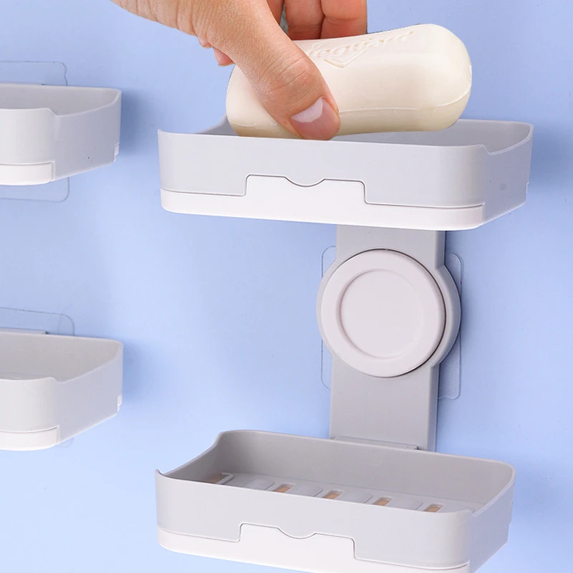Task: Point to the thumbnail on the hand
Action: [x=315, y=115]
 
